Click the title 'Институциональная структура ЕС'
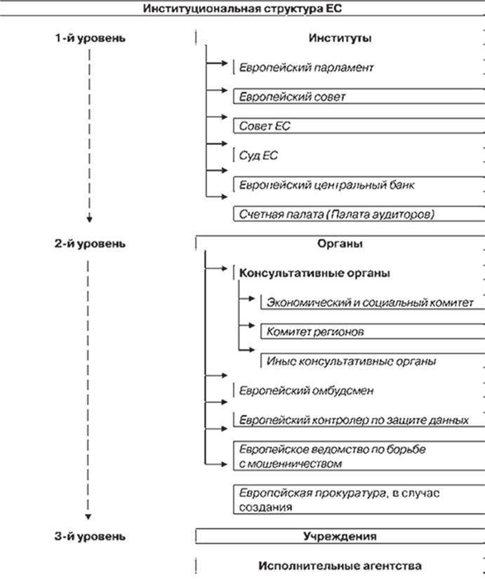click(242, 8)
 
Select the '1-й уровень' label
click(91, 38)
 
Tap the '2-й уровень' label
click(91, 244)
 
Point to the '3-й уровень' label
click(91, 536)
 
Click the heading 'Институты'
click(340, 38)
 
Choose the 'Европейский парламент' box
click(306, 67)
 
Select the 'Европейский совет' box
click(359, 96)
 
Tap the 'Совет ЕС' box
click(359, 125)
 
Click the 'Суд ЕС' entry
click(258, 156)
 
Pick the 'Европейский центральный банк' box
click(359, 184)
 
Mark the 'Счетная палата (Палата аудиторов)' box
click(359, 214)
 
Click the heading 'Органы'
click(340, 244)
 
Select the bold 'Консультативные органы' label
click(314, 273)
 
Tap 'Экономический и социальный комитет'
click(370, 302)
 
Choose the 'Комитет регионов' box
click(373, 332)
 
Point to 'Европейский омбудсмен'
click(306, 390)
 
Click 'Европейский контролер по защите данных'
click(354, 420)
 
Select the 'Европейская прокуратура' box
click(359, 500)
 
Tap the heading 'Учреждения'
click(340, 536)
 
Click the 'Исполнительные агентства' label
click(340, 566)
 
